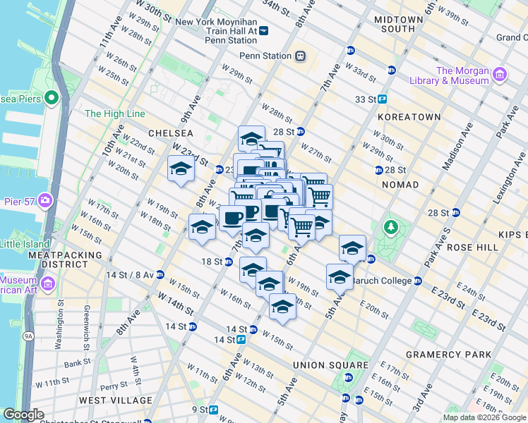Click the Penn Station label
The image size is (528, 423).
pos(265,56)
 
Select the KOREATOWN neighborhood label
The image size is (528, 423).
pos(409,116)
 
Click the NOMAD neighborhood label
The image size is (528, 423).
pos(401,185)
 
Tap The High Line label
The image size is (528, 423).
pos(114,114)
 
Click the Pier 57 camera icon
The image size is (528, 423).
pos(45,200)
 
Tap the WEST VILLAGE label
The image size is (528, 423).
pos(116,400)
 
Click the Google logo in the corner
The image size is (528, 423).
pos(23,415)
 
